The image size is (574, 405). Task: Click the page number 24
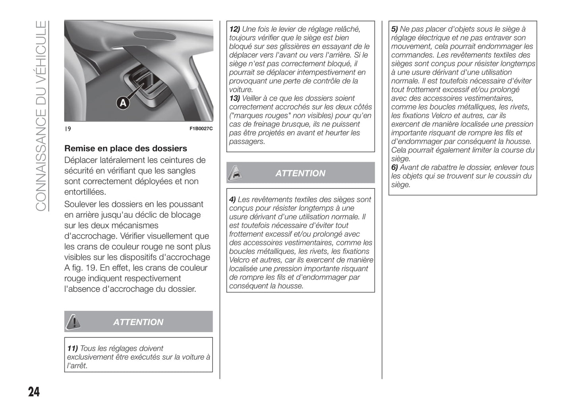point(34,391)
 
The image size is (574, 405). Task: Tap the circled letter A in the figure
point(123,103)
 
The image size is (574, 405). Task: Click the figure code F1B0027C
point(201,129)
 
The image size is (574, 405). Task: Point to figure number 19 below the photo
point(68,129)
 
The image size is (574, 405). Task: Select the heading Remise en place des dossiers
point(126,148)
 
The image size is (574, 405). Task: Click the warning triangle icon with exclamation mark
point(73,322)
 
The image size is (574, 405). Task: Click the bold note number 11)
point(72,349)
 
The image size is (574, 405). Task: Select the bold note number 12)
point(234,29)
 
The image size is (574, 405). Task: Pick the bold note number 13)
point(234,98)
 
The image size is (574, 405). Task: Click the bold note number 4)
point(232,200)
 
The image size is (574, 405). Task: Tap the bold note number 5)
point(394,29)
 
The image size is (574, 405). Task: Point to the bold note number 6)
point(394,167)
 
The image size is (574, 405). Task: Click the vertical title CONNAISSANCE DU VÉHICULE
point(41,115)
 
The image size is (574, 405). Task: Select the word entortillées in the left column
point(85,192)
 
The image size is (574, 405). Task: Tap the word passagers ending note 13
point(246,141)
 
